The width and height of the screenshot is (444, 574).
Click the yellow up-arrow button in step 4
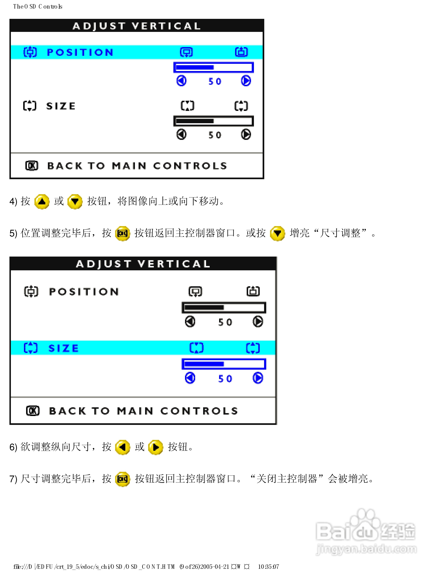[x=42, y=202]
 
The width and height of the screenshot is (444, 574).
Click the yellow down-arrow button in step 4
[x=75, y=202]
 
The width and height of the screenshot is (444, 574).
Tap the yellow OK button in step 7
[x=123, y=479]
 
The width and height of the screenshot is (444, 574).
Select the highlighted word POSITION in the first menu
[x=80, y=52]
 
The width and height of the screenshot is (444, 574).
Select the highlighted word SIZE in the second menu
[x=64, y=348]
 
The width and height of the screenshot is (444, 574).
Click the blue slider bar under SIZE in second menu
[x=224, y=364]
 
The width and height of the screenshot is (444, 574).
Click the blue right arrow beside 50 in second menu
[x=258, y=378]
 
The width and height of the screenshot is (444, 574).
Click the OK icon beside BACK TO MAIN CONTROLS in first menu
[x=32, y=166]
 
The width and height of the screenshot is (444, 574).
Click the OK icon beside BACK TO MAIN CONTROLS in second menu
[x=33, y=411]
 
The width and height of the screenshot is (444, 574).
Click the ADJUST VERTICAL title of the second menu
[x=143, y=264]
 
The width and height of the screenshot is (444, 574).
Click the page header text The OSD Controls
[x=38, y=7]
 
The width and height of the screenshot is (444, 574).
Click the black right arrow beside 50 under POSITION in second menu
[x=258, y=322]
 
